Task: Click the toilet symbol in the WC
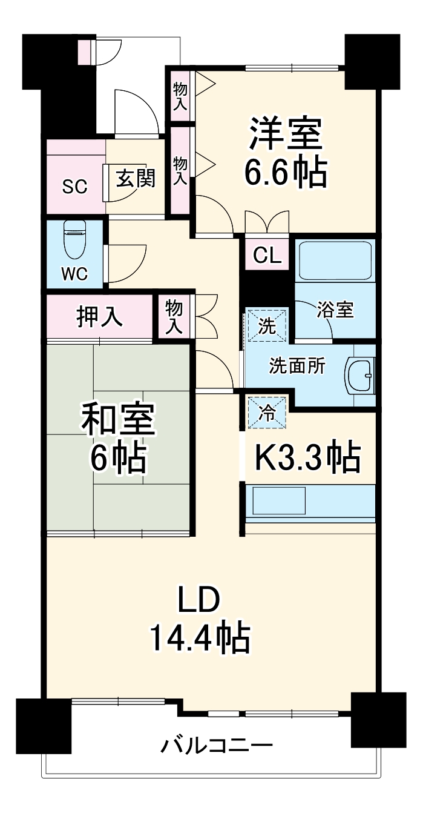(75, 239)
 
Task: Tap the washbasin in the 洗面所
(360, 376)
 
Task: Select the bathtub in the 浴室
(335, 260)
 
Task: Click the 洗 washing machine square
(267, 325)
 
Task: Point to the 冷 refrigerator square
(267, 413)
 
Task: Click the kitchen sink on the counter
(279, 501)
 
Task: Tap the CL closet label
(267, 255)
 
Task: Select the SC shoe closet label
(74, 187)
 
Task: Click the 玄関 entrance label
(136, 179)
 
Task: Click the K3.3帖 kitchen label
(308, 457)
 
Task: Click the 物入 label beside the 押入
(174, 316)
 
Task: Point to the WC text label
(74, 274)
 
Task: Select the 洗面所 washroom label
(297, 366)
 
